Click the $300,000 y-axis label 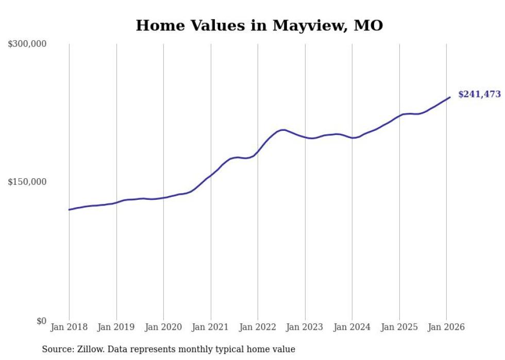coord(27,44)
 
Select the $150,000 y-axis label coord(27,182)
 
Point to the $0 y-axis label coord(41,321)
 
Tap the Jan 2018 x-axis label coord(69,328)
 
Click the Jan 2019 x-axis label coord(116,328)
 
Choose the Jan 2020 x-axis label coord(163,328)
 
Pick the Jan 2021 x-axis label coord(211,328)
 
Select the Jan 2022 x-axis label coord(258,328)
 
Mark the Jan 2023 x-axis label coord(305,328)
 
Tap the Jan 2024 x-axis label coord(352,328)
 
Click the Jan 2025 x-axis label coord(399,328)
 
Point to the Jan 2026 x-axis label coord(446,328)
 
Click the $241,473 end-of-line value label coord(479,95)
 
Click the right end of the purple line coord(450,97)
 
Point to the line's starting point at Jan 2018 coord(69,210)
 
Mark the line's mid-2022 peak coord(282,130)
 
